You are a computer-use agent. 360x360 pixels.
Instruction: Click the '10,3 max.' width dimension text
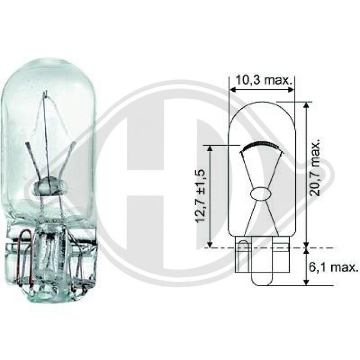click(x=262, y=81)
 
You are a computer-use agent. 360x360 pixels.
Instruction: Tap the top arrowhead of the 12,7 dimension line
click(x=209, y=148)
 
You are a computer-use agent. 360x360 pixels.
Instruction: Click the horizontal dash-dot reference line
click(x=270, y=247)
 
